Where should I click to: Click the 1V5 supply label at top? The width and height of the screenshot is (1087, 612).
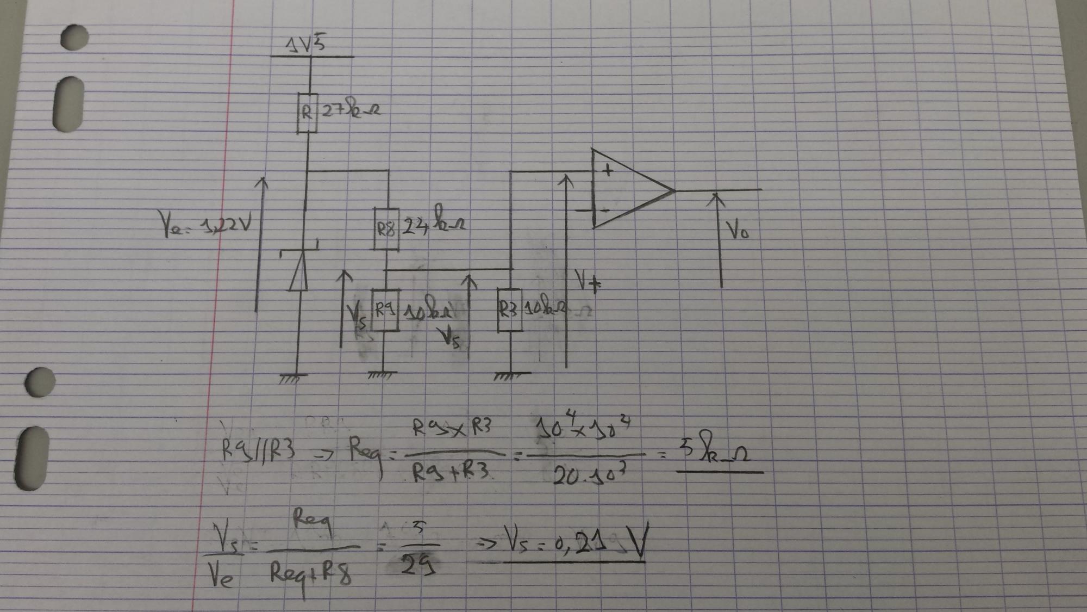click(x=306, y=44)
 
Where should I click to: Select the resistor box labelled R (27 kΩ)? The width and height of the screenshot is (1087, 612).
click(x=307, y=113)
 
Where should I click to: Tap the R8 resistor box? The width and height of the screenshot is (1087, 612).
click(x=386, y=229)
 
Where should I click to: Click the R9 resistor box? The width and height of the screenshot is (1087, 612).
click(x=385, y=310)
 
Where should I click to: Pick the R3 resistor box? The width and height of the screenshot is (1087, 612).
click(x=509, y=310)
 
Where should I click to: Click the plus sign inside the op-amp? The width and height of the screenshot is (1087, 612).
click(x=608, y=171)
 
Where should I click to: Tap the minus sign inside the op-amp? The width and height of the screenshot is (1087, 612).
click(x=604, y=209)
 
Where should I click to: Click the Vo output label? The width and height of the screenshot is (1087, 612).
click(x=738, y=231)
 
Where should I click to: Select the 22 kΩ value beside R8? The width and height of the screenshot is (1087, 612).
click(x=433, y=224)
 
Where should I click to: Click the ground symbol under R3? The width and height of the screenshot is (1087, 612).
click(x=511, y=376)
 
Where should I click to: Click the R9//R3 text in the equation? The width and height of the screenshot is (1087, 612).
click(x=258, y=450)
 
